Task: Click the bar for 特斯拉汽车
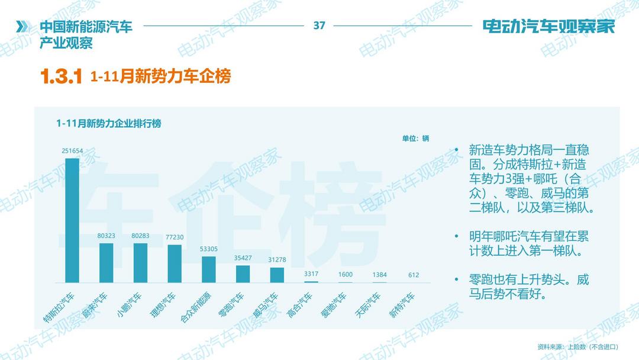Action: pyautogui.click(x=72, y=220)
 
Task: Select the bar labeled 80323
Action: pyautogui.click(x=106, y=263)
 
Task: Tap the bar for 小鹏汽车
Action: pyautogui.click(x=140, y=263)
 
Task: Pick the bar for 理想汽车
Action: pyautogui.click(x=175, y=263)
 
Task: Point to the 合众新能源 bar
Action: pyautogui.click(x=209, y=269)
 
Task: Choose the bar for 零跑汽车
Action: pyautogui.click(x=243, y=274)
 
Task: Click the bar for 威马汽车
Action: pyautogui.click(x=277, y=275)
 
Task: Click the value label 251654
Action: pyautogui.click(x=72, y=151)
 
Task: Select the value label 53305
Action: pyautogui.click(x=209, y=249)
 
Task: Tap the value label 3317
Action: pyautogui.click(x=311, y=274)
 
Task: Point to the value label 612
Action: pyautogui.click(x=414, y=275)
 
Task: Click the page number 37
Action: pyautogui.click(x=319, y=25)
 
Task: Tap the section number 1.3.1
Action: pyautogui.click(x=60, y=77)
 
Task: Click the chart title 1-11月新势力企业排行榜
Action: pyautogui.click(x=109, y=124)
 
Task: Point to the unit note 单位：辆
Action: pyautogui.click(x=415, y=139)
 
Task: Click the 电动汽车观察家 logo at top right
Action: pyautogui.click(x=548, y=27)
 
